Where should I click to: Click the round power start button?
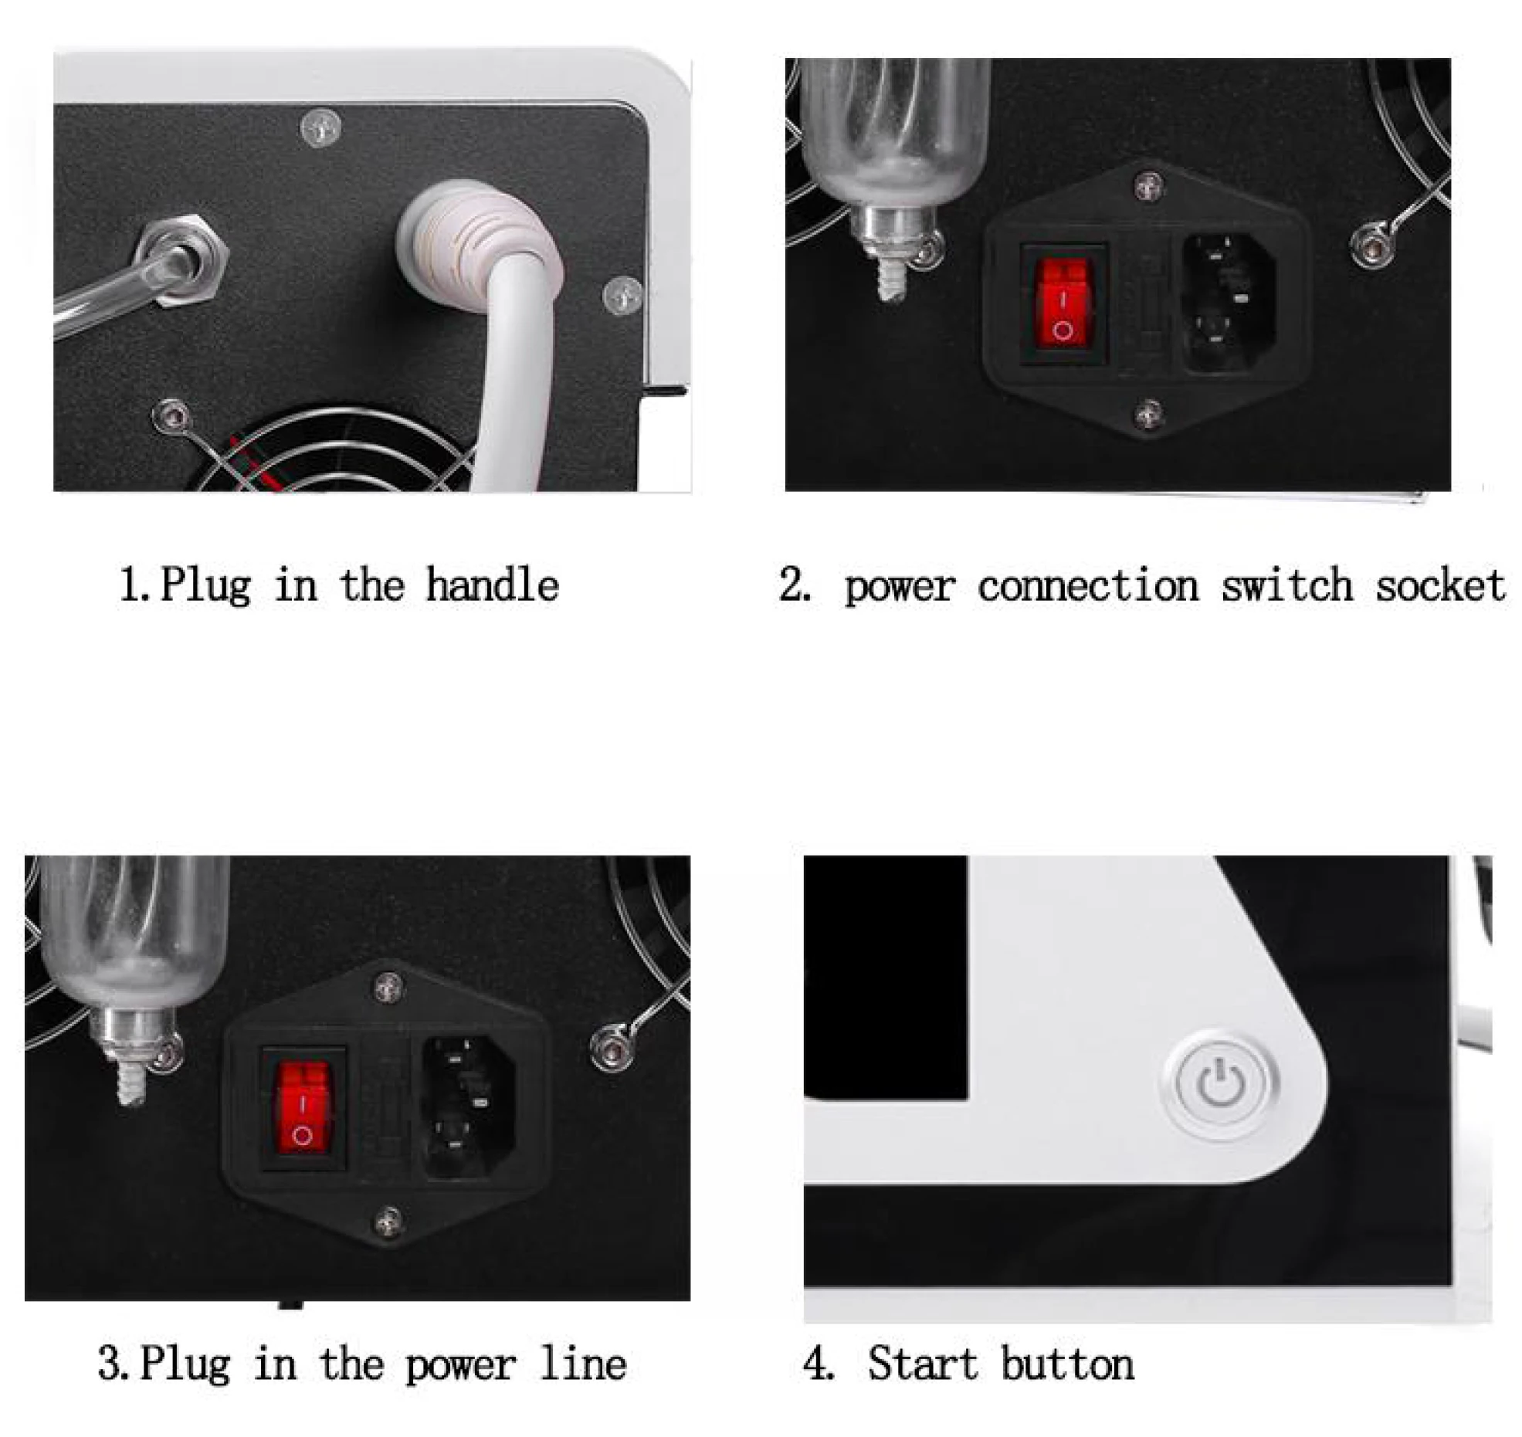point(1222,1083)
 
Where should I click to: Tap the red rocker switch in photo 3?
point(303,1108)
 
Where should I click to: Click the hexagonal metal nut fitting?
point(185,261)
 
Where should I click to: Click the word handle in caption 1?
point(492,585)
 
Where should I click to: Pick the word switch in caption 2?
point(1287,585)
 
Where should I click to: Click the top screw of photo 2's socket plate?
point(1148,185)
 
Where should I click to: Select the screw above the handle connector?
point(320,127)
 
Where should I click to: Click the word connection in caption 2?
point(1088,585)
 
